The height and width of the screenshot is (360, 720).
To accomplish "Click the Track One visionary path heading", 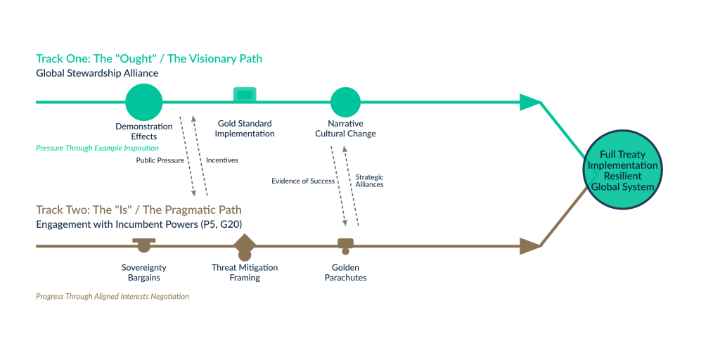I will pos(149,59).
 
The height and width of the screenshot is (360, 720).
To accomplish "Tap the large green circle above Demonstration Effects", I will pos(144,102).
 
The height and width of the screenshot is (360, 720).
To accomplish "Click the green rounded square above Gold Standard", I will pos(245,95).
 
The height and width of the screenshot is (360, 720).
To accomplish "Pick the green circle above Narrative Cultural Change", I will pos(345,102).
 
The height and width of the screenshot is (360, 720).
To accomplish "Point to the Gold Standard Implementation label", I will pos(245,129).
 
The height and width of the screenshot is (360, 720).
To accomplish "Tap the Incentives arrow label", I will pos(221,160).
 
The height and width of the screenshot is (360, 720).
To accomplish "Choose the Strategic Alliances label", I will pos(370,180).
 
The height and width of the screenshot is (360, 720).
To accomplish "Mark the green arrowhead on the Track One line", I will pos(529,103).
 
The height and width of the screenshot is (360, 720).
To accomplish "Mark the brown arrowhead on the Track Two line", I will pos(529,246).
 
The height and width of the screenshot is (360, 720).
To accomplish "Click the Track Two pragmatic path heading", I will pos(139,210).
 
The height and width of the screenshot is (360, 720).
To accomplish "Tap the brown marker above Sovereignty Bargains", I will pos(143,244).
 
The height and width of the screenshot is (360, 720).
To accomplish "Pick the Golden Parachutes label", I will pos(345,273).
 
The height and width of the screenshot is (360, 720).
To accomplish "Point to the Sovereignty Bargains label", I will pos(144,273).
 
